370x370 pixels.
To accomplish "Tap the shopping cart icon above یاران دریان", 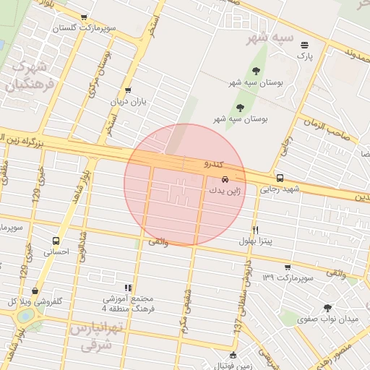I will click(128, 90).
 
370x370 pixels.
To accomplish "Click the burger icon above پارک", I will click(304, 45).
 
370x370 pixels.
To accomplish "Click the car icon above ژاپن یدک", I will click(225, 178).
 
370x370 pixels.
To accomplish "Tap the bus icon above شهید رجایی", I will click(280, 178).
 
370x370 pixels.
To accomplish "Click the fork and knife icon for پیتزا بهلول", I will click(255, 230).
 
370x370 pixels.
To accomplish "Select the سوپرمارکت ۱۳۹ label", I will click(288, 277).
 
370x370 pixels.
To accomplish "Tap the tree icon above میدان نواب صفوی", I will click(328, 307).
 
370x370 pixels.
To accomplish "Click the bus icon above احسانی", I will click(56, 241).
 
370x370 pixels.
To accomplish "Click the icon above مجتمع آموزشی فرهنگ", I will click(128, 288).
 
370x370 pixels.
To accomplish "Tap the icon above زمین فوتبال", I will click(233, 355).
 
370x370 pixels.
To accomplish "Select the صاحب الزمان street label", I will click(337, 128).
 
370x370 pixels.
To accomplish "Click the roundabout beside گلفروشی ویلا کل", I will click(26, 316).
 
